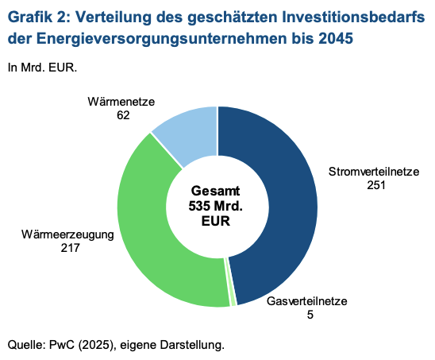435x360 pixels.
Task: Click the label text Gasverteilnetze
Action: [x=306, y=302]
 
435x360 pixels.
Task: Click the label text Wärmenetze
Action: [x=120, y=101]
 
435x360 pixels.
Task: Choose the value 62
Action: [x=122, y=114]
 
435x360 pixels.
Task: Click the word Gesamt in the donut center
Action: [x=216, y=192]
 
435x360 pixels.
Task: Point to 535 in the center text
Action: [x=202, y=207]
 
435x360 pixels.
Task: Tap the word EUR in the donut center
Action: [x=216, y=222]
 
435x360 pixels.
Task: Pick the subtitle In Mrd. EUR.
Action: [x=42, y=68]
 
